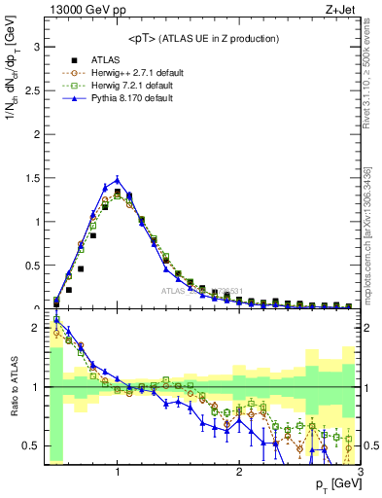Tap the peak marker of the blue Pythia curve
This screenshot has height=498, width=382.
tap(118, 179)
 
